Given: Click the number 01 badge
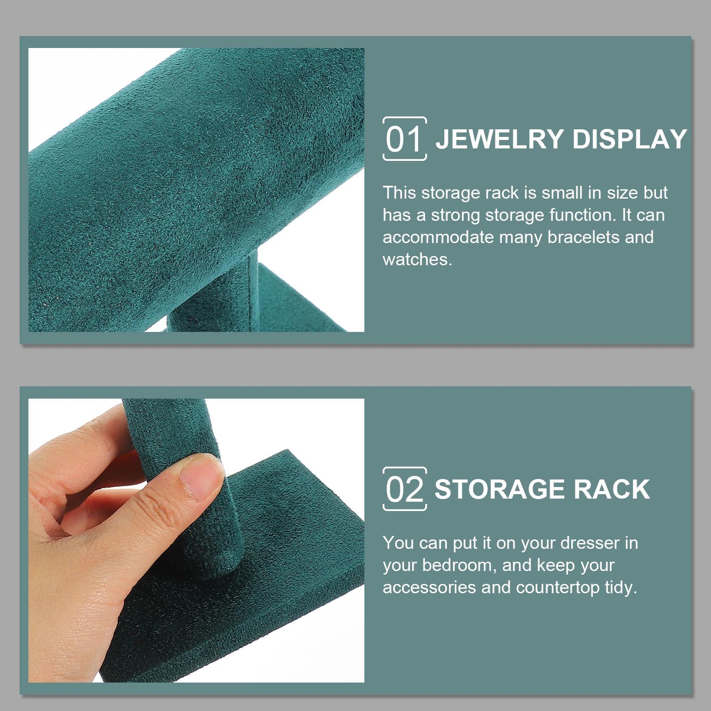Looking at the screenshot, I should pos(404,139).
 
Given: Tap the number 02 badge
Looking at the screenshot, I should pos(404,489).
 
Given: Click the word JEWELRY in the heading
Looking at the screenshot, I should pos(499,139).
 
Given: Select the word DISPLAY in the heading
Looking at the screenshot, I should pos(630,139).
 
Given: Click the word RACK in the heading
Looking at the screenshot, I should pos(612,489).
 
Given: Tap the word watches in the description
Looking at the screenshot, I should pos(417,260).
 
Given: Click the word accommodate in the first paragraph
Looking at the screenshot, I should pos(438,237).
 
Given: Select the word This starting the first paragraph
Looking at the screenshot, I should pos(399,193).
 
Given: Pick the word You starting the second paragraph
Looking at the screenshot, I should pos(399,543).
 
